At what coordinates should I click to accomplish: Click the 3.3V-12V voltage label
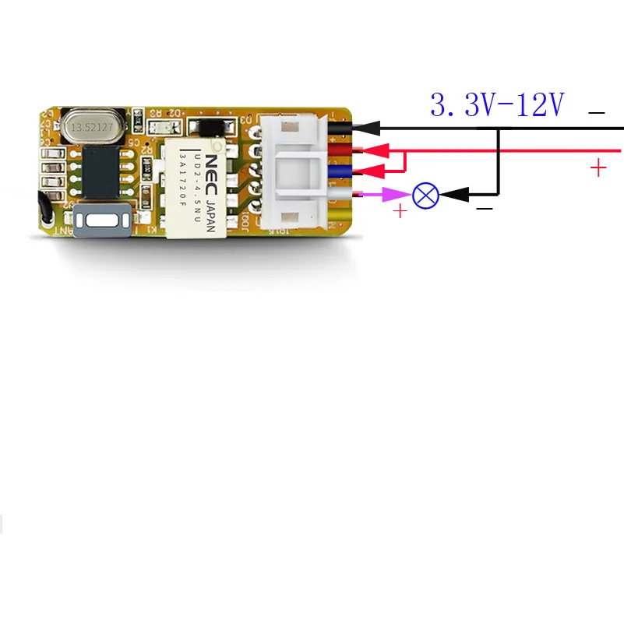point(497,105)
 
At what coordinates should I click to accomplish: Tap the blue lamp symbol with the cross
point(425,195)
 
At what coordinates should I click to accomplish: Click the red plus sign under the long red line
point(598,167)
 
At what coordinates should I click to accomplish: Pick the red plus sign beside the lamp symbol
point(400,210)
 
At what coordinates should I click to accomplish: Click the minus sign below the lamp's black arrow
point(484,209)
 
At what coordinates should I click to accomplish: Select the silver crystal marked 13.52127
point(94,125)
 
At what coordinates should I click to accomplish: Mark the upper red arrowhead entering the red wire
point(376,150)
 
